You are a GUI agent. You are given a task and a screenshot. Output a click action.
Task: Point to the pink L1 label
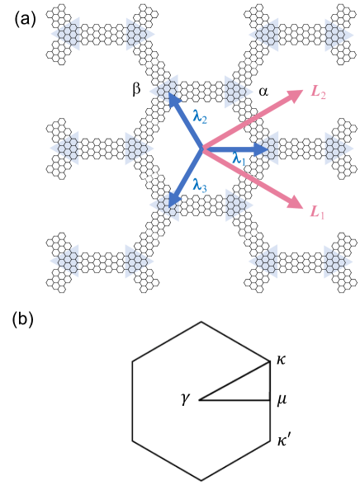(317, 213)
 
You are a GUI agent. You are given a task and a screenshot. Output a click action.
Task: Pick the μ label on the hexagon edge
(282, 400)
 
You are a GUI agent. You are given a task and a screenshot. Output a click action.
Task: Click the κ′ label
(284, 441)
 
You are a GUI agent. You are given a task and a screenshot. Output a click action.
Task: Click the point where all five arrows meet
(201, 149)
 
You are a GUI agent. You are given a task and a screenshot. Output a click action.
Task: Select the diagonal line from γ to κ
(235, 380)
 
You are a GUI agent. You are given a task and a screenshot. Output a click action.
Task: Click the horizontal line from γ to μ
(235, 400)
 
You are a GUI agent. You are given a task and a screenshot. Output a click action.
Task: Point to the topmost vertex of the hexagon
(201, 322)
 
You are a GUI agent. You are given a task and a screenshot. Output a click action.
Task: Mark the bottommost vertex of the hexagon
(201, 480)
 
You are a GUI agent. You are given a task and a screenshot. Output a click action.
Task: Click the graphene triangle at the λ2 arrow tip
(166, 88)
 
